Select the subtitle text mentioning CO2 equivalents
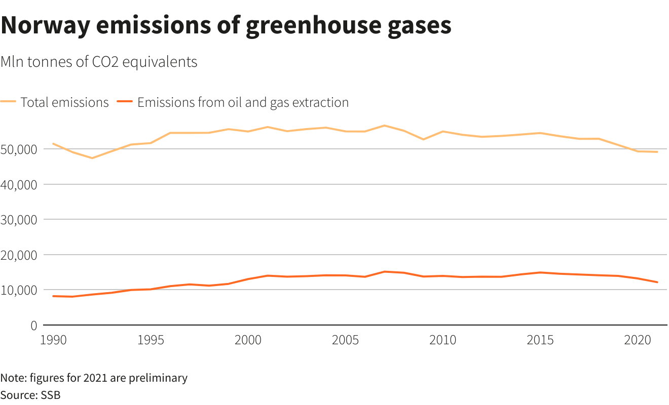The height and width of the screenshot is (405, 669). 99,62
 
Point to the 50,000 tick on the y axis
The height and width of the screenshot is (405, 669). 19,149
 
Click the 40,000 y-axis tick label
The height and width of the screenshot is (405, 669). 19,185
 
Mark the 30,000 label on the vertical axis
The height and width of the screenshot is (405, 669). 19,220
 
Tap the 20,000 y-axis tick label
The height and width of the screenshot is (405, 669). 19,255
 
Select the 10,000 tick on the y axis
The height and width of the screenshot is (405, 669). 19,290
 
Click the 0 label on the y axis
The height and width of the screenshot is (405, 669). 34,326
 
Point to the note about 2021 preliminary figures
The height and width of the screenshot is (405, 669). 94,378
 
